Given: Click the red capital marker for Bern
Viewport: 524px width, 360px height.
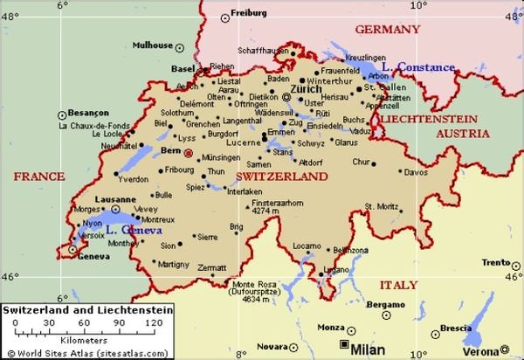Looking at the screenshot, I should click(x=187, y=152).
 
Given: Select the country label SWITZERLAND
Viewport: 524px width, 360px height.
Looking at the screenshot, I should click(x=281, y=177).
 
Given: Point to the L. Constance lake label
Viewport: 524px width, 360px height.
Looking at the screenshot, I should click(x=424, y=67).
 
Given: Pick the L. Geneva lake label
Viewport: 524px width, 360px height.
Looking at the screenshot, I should click(x=130, y=230).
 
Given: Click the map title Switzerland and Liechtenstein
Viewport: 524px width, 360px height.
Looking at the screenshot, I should click(x=87, y=310).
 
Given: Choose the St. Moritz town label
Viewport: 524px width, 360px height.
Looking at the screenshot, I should click(x=381, y=206).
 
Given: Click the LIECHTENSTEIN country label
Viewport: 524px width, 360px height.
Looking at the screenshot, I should click(x=428, y=117).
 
